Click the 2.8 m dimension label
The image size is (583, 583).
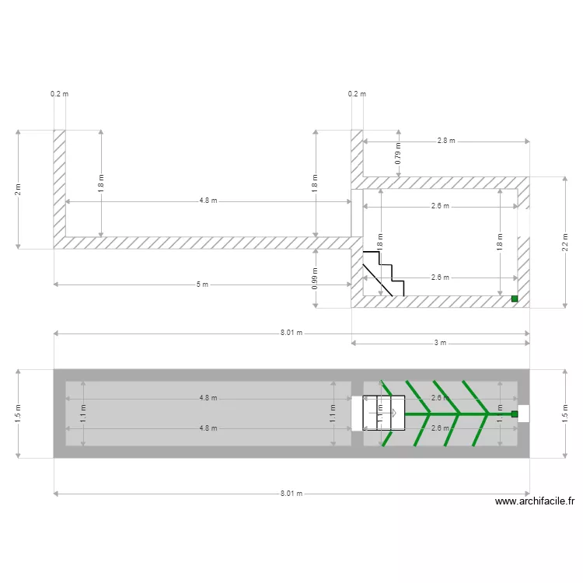coord(445,141)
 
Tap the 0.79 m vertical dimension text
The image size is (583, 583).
coord(399,154)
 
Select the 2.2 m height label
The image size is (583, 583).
coord(566,243)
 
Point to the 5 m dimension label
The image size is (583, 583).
coord(202,285)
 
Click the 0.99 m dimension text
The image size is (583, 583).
coord(315,278)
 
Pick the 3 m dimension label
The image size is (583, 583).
coord(440,343)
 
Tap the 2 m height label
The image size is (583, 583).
coord(18,190)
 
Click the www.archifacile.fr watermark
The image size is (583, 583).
coord(535,502)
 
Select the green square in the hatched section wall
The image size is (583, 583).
coord(514,298)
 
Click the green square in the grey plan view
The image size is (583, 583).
coord(514,414)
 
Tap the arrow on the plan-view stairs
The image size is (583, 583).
coord(393,414)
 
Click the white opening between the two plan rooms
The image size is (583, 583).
coord(357,414)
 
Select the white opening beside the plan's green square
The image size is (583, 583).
coord(524,414)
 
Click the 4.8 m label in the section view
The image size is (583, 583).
coord(208,201)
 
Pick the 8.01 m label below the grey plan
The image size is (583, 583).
coord(291,494)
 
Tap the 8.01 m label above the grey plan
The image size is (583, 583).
coord(291,333)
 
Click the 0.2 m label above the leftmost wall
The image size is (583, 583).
coord(59,94)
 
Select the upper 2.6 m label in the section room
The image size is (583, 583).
coord(440,207)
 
